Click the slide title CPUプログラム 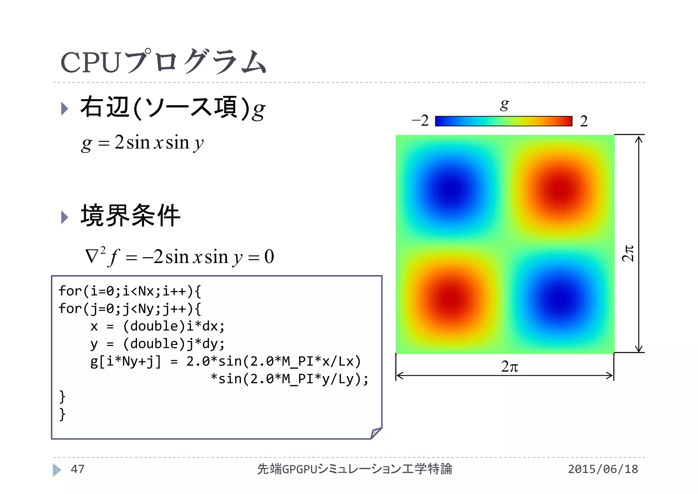pos(163,62)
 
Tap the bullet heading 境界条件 pos(130,216)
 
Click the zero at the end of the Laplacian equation pos(269,257)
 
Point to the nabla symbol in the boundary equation pos(91,257)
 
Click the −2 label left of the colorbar pos(420,121)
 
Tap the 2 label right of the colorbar pos(584,121)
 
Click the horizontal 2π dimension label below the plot pos(510,367)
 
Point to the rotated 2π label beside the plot pos(627,253)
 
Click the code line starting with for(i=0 pos(130,291)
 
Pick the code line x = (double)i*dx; pos(157,326)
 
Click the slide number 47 pos(77,469)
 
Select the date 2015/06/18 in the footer pos(603,469)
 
